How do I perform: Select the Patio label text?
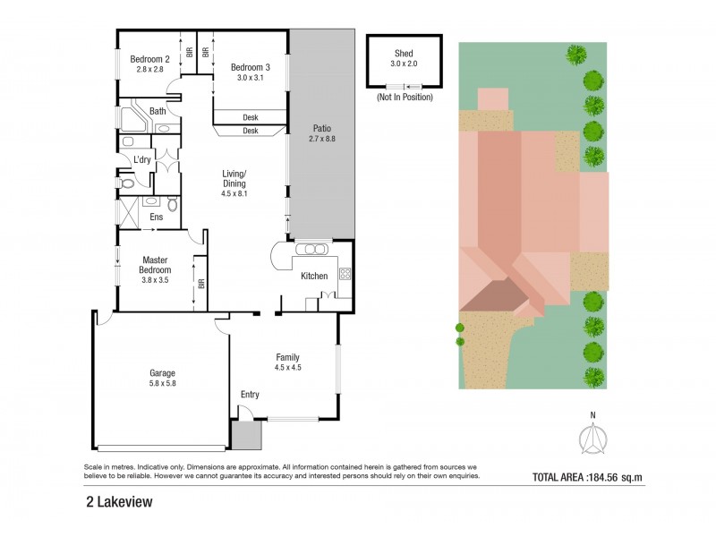[x=320, y=127]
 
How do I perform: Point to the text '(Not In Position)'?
[x=405, y=97]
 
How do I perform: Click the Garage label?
[x=162, y=372]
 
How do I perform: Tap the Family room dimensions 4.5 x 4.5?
[x=287, y=367]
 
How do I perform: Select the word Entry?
[x=250, y=394]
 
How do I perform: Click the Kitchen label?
[x=314, y=276]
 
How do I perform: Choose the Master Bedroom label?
[x=156, y=266]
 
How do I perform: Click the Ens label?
[x=156, y=217]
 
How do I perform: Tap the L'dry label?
[x=143, y=159]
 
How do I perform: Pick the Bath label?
[x=158, y=111]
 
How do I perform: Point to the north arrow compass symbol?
[x=591, y=439]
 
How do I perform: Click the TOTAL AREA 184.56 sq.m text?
[x=587, y=477]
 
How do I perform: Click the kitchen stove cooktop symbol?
[x=344, y=274]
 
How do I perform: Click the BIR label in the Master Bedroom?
[x=202, y=284]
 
